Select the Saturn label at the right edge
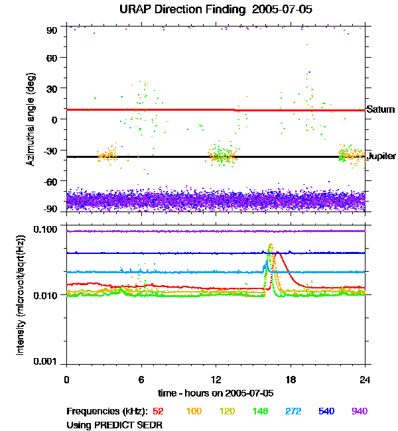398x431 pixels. tap(381, 109)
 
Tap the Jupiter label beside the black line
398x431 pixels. tap(381, 156)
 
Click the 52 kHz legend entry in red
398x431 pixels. tap(159, 411)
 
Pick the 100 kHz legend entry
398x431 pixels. tap(194, 411)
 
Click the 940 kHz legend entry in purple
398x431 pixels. tap(359, 411)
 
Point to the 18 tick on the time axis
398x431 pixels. tap(291, 379)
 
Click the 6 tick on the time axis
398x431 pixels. tap(141, 379)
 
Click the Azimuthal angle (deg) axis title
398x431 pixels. tap(30, 119)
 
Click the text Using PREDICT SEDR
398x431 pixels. tap(115, 424)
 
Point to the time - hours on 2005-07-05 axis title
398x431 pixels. tap(216, 393)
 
